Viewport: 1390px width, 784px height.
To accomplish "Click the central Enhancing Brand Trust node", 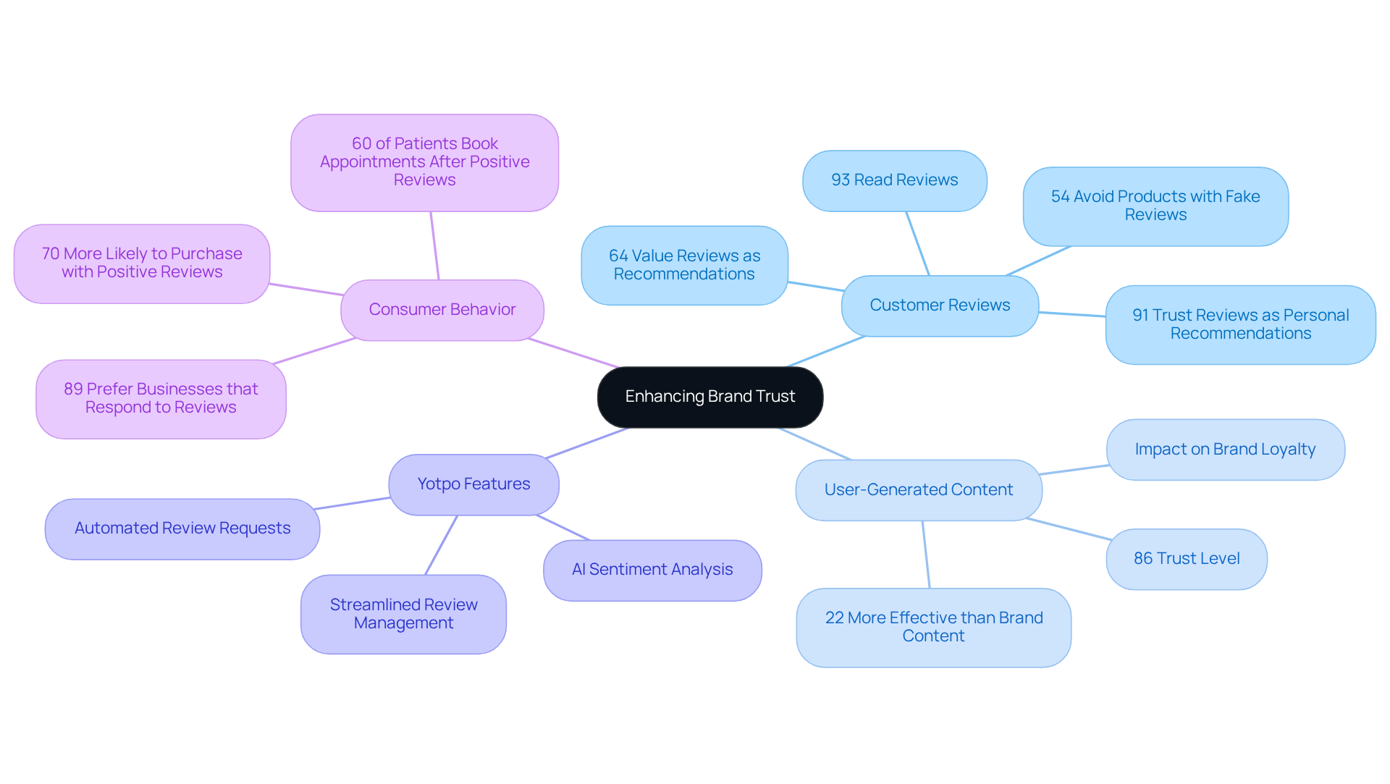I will [709, 397].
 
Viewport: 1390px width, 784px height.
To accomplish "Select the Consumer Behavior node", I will [442, 310].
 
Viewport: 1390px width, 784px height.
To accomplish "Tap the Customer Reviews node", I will [939, 305].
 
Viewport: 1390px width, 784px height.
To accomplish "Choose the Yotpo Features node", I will [473, 484].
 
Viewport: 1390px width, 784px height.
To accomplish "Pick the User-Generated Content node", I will [918, 490].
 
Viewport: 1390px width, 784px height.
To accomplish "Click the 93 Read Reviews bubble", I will [894, 180].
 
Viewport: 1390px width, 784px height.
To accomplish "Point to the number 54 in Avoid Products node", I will [1060, 197].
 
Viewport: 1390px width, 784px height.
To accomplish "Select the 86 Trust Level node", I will [1186, 559].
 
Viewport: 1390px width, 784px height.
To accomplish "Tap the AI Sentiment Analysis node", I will [652, 570].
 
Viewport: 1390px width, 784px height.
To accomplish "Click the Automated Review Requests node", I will [182, 528].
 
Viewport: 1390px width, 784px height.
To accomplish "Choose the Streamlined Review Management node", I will [403, 614].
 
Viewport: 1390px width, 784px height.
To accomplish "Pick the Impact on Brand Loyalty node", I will [1225, 450].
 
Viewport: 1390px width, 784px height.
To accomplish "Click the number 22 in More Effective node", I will [834, 618].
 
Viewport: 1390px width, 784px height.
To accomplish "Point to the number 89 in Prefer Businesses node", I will [73, 389].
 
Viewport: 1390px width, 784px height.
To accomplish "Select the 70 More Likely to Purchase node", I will [142, 263].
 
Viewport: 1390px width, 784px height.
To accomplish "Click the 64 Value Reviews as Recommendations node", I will [684, 265].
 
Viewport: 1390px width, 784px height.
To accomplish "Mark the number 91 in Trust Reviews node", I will [1140, 316].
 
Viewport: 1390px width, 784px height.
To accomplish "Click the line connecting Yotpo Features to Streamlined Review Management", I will [441, 545].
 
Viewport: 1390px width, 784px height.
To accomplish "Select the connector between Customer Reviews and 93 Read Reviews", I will [917, 243].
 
